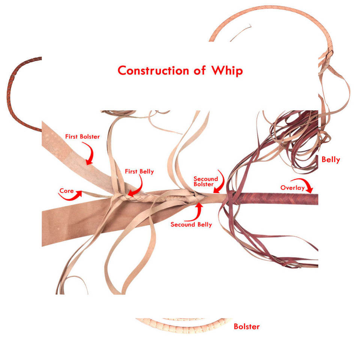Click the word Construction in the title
point(153,70)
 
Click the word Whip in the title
point(227,71)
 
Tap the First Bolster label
point(82,136)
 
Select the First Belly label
point(139,171)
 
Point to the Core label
point(67,191)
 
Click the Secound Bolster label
point(206,181)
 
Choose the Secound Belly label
point(191,225)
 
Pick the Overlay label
point(292,188)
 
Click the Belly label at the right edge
point(331,160)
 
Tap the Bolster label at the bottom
point(247,327)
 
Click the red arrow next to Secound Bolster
point(221,183)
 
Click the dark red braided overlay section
point(276,199)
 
